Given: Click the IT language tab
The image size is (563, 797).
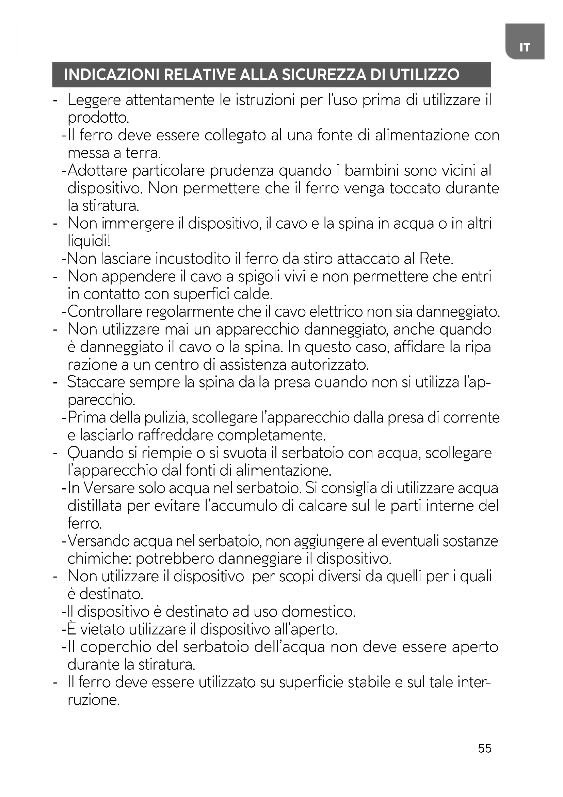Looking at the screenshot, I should (x=525, y=47).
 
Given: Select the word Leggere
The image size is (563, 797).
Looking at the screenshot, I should (x=94, y=101).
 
